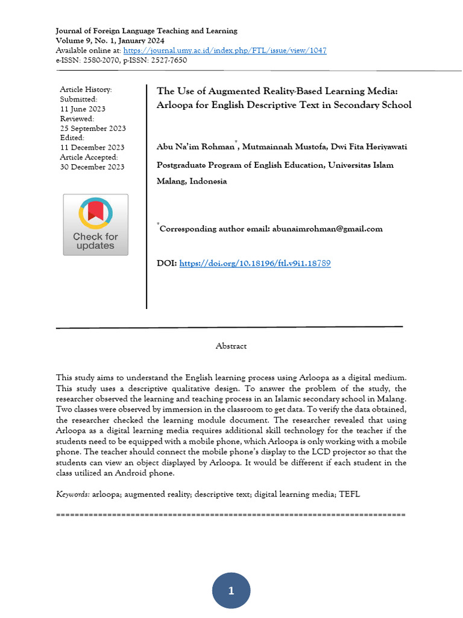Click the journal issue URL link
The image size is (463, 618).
coord(225,50)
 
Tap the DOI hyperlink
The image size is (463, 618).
coord(255,263)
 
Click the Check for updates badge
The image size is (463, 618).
coord(95,225)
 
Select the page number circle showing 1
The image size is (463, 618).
coord(231,590)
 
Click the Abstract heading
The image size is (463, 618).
coord(231,346)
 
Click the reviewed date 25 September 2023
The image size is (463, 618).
coord(93,129)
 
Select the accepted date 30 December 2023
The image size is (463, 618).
coord(92,167)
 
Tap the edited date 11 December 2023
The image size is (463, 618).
coord(92,147)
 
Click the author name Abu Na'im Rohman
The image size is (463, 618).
coord(195,147)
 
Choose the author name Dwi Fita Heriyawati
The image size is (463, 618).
coord(358,147)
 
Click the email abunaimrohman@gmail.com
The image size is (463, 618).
coord(327,229)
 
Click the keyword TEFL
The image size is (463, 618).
coord(350,494)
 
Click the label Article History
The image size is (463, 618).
coord(86,89)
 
